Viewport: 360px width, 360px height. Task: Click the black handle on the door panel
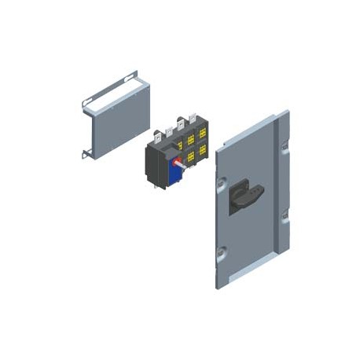(x=244, y=196)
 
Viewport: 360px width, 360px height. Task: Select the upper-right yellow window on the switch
(x=203, y=134)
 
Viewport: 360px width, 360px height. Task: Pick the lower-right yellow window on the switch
(x=203, y=149)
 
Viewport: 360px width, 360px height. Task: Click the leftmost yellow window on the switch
(x=177, y=142)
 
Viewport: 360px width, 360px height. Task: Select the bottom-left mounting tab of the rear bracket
(x=86, y=152)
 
